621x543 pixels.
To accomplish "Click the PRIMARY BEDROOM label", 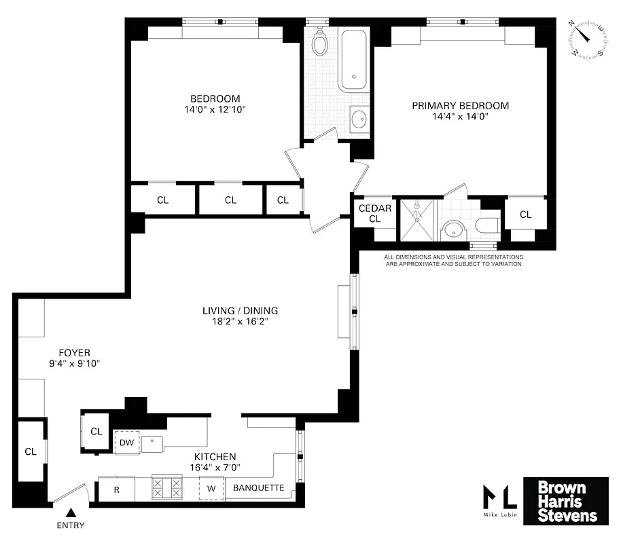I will pyautogui.click(x=460, y=106).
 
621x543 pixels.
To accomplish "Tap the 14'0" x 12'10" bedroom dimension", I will pyautogui.click(x=215, y=109).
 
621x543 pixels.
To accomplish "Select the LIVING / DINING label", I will pyautogui.click(x=240, y=311).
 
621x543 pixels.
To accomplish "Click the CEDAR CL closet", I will pyautogui.click(x=374, y=213).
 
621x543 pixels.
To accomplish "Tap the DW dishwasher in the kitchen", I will pyautogui.click(x=126, y=443).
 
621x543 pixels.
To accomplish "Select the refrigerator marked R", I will pyautogui.click(x=116, y=489).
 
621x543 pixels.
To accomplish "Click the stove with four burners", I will pyautogui.click(x=167, y=488).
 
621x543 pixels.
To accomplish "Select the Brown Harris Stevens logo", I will pyautogui.click(x=565, y=502).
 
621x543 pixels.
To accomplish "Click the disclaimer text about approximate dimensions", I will pyautogui.click(x=453, y=261).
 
